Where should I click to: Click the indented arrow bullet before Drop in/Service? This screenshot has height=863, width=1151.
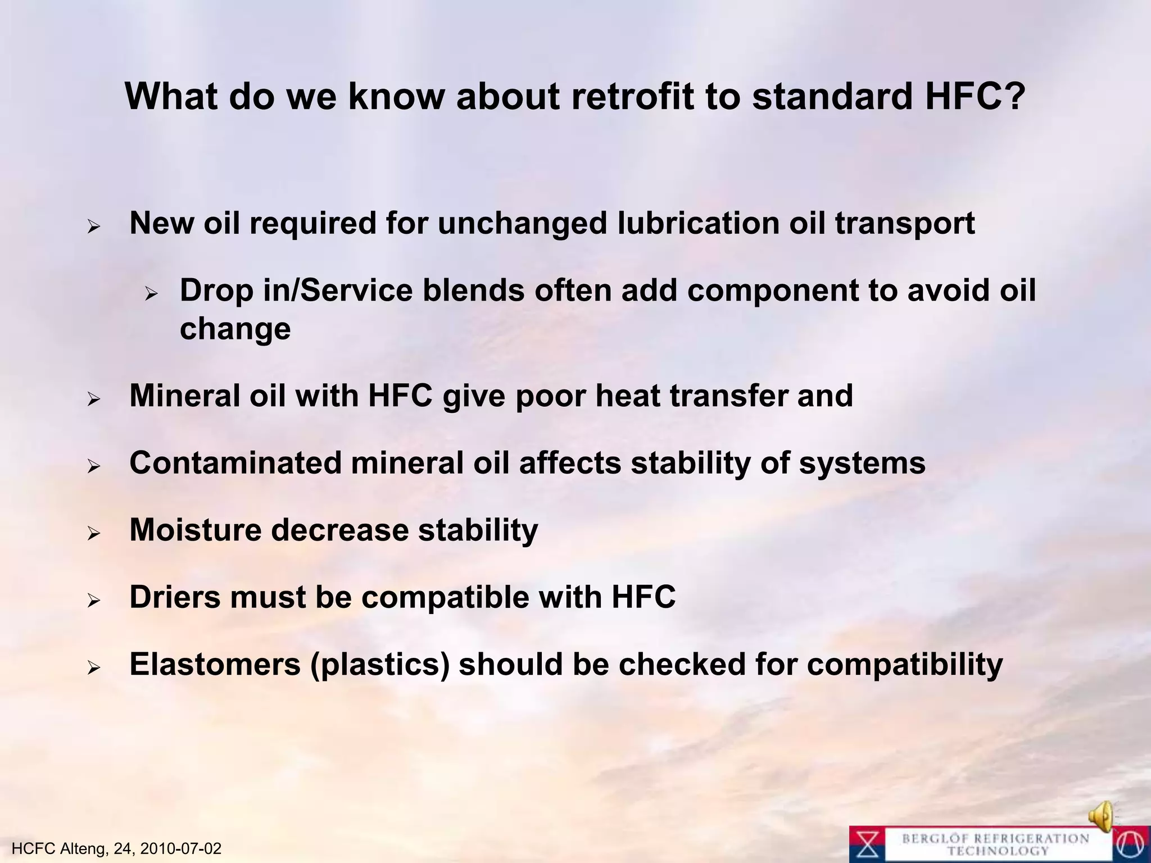coord(150,294)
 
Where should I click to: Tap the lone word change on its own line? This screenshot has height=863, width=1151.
coord(235,329)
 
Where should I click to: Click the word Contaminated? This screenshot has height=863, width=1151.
coord(235,463)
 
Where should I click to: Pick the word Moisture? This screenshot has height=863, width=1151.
coord(195,530)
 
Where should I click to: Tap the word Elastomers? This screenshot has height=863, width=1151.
coord(215,664)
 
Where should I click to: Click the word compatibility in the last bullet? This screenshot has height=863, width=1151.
coord(905,665)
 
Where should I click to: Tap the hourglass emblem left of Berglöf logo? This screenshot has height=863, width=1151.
coord(868,844)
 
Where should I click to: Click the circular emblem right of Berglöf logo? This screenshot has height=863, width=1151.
coord(1131,844)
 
